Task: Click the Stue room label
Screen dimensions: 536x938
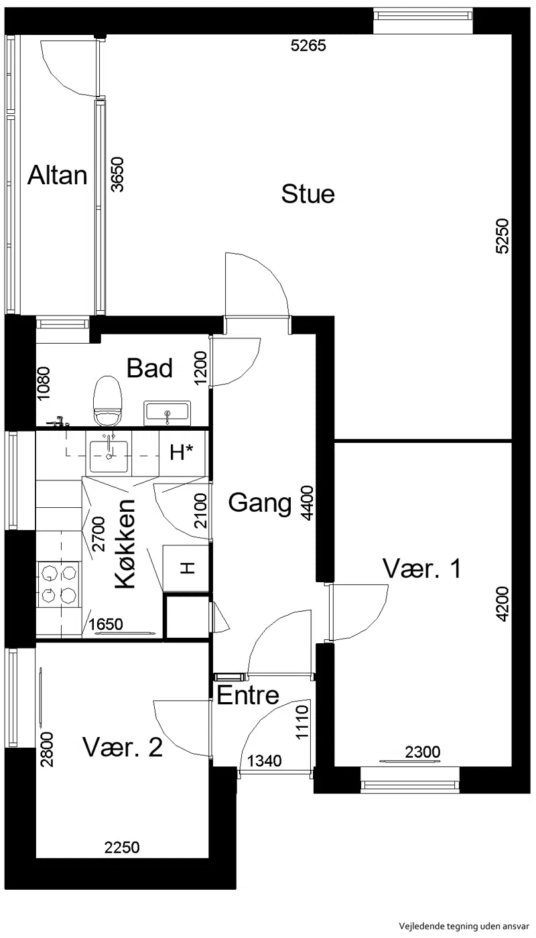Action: click(x=308, y=194)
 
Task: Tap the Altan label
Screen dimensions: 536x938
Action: click(x=58, y=175)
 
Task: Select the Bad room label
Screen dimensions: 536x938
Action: click(x=149, y=368)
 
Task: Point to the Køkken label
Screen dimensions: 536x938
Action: click(x=125, y=544)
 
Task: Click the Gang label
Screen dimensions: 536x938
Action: click(x=260, y=503)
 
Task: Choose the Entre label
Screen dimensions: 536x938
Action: click(x=248, y=695)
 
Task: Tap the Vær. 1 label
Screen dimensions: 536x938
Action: click(x=421, y=568)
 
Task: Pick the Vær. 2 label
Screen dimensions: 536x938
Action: click(x=122, y=747)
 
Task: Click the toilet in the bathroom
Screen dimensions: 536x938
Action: click(x=108, y=401)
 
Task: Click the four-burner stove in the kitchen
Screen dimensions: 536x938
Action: click(x=59, y=584)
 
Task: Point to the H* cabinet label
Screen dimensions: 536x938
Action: click(x=182, y=452)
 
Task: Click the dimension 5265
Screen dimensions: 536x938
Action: click(x=308, y=46)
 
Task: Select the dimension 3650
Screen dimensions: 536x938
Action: click(x=118, y=174)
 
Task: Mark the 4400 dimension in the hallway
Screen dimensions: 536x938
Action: click(x=307, y=503)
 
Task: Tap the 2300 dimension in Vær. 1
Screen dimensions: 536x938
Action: click(x=423, y=752)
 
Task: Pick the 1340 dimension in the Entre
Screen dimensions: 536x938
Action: click(x=264, y=761)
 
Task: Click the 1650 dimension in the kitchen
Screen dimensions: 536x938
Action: click(x=106, y=624)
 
